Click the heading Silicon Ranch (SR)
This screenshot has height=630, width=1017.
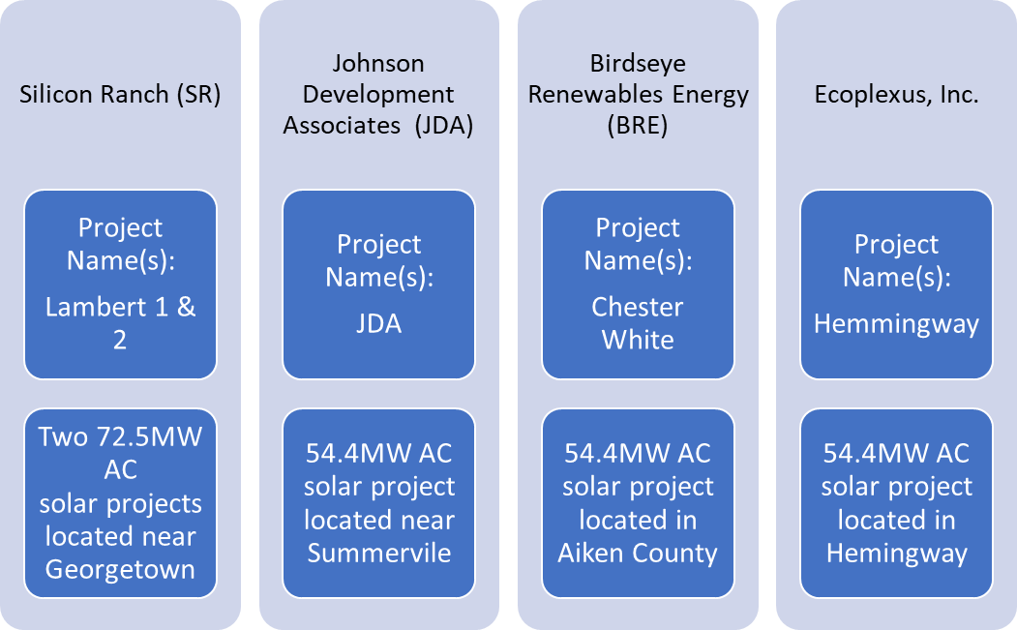120,95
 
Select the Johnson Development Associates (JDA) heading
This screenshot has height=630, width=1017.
378,95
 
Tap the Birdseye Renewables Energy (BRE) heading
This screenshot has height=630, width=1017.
639,95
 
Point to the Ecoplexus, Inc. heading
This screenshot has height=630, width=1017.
896,95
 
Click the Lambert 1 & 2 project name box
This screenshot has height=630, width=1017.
121,285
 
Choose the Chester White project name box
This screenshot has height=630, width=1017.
639,285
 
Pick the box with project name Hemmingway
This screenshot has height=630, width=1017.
896,285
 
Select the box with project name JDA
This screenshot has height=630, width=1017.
378,285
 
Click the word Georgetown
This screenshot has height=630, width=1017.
120,570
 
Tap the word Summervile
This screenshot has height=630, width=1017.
378,553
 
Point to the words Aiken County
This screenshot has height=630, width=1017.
638,554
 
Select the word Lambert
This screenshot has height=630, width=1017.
97,307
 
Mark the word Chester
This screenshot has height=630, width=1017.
638,307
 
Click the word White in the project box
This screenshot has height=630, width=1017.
638,340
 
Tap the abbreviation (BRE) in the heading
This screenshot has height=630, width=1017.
638,125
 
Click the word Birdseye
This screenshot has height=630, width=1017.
638,64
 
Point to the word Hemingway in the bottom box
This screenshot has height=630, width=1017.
896,555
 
